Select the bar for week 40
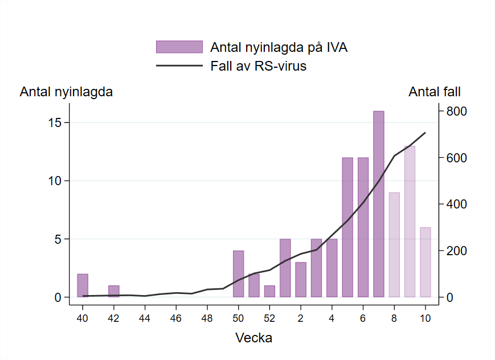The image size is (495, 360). point(83,285)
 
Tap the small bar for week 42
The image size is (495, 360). point(114,291)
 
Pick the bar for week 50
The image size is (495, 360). point(238,274)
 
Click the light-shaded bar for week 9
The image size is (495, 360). point(410,222)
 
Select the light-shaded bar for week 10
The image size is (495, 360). point(426,262)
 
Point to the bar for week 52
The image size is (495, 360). point(269,291)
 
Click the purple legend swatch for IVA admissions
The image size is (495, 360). point(179,47)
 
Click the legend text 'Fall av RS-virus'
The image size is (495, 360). point(258,66)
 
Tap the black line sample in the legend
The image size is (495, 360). point(179,66)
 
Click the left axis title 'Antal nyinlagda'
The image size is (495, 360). point(66,92)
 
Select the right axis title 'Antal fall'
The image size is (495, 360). point(435,92)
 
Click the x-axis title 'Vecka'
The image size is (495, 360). point(254,338)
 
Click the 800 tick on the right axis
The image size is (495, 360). point(456,111)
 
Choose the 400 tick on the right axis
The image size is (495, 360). point(456,204)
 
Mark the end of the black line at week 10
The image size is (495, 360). point(425,133)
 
